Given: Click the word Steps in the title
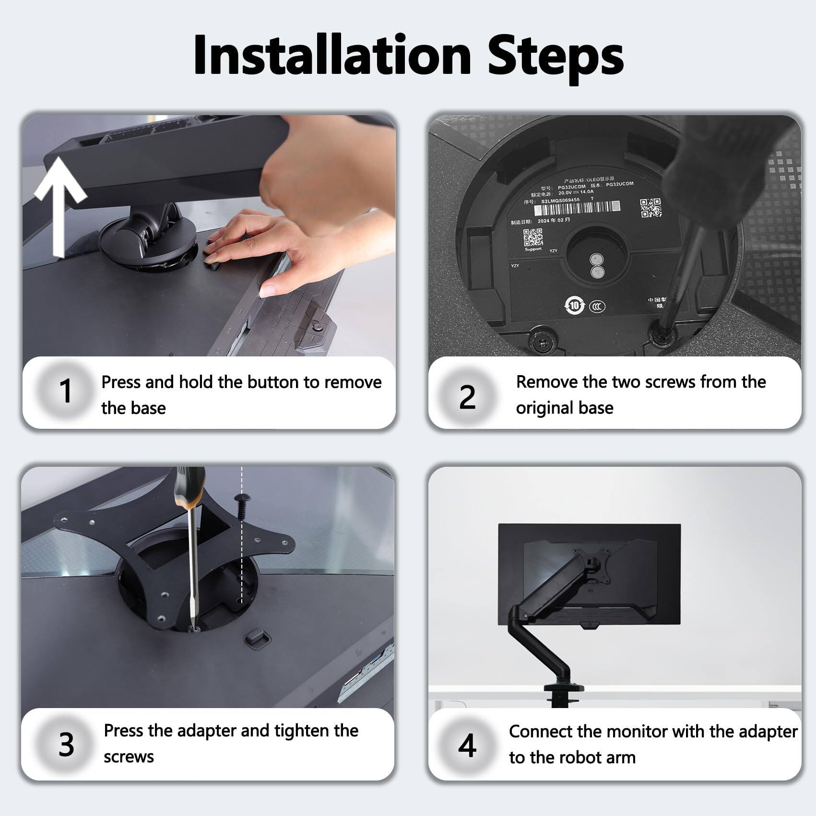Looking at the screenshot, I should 555,57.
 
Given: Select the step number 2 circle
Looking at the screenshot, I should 467,397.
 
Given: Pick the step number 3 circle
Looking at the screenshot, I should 66,744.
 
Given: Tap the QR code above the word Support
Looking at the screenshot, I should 532,237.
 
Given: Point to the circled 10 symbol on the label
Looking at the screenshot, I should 574,305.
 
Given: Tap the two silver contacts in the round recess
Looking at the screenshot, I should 597,266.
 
